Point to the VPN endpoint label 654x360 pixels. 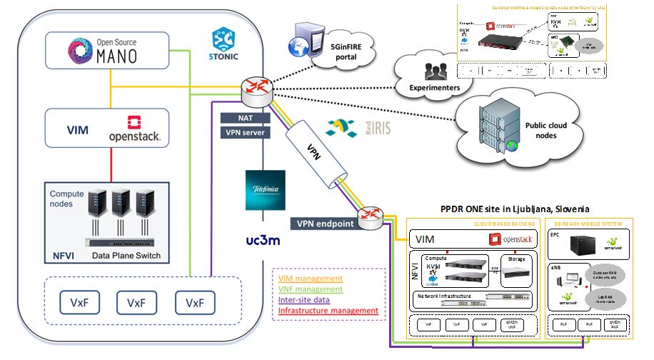tap(321, 224)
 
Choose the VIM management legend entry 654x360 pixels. tap(310, 279)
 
